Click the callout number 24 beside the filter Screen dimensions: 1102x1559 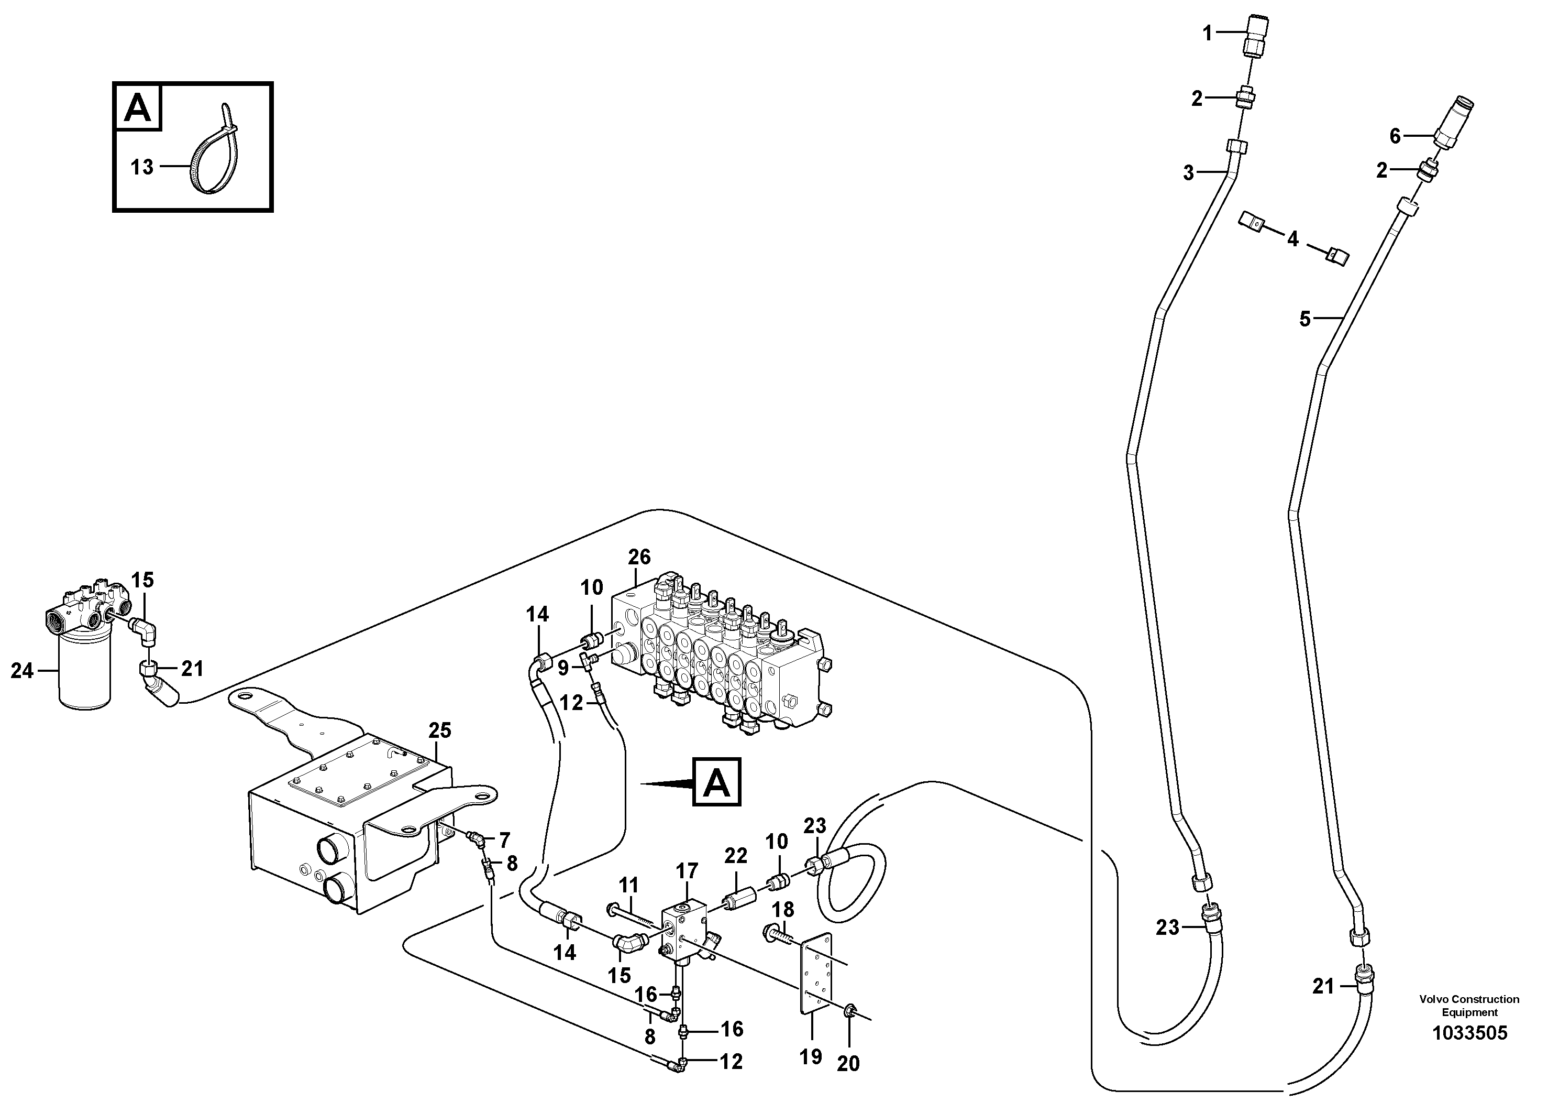21,671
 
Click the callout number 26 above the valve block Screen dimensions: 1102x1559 639,557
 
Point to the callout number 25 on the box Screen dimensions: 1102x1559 439,730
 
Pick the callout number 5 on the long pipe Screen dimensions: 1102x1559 1305,319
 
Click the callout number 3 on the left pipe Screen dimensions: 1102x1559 1188,173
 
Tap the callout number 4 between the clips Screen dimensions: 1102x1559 1292,239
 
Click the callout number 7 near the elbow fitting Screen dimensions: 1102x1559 504,841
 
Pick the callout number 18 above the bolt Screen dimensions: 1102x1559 783,909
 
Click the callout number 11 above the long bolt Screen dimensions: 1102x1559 629,885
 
